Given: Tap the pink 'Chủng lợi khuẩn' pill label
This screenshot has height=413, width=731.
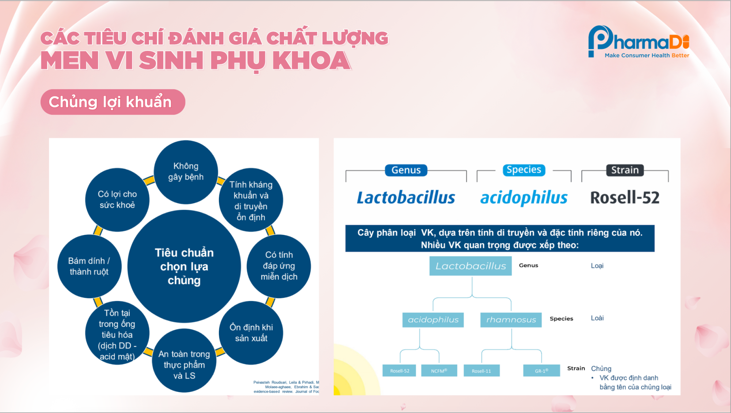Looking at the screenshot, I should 113,102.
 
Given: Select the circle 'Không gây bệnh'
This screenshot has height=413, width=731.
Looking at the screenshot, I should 186,172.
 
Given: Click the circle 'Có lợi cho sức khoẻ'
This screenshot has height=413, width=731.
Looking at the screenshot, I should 117,200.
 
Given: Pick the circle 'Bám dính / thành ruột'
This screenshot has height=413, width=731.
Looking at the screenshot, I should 89,266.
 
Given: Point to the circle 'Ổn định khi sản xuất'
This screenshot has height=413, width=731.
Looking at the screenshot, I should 251,333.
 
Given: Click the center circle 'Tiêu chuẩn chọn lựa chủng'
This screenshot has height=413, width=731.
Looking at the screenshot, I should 184,266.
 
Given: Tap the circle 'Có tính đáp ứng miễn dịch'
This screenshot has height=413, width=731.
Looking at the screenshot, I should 279,266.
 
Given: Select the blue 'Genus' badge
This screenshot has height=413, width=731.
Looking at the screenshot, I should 406,170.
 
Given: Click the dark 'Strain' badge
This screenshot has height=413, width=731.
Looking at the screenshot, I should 625,170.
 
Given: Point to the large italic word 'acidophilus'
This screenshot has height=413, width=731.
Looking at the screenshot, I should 523,198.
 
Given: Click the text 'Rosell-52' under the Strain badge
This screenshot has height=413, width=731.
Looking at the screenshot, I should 625,198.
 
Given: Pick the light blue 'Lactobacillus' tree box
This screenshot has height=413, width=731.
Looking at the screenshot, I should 470,266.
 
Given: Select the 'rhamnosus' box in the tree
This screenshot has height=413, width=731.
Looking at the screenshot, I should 511,320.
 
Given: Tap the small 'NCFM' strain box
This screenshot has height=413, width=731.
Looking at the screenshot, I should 439,371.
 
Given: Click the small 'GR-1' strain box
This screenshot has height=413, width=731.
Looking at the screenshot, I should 541,371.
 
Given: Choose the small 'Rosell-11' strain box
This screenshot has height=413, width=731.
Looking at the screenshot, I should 481,371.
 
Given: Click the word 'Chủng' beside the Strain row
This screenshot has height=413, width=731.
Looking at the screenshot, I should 601,368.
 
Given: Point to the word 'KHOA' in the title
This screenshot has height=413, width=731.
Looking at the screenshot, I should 311,61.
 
